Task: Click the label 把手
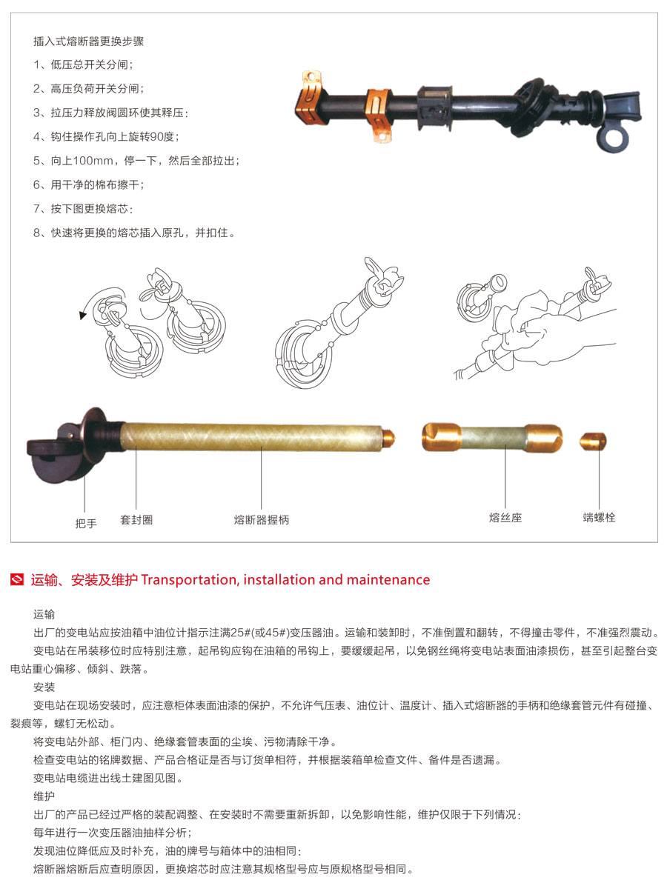86,523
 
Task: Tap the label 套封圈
136,520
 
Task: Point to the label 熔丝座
505,518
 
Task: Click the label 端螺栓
599,517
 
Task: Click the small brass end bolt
593,441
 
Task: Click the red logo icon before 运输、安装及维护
19,580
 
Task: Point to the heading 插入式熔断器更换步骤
88,41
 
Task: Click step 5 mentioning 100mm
136,161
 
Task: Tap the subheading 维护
44,796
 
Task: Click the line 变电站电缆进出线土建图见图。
107,779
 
